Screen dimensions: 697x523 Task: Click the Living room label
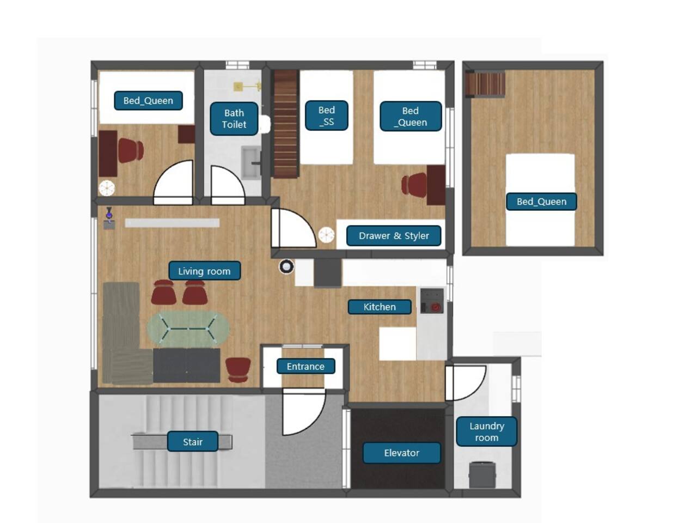pyautogui.click(x=204, y=271)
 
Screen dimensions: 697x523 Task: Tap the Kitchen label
pyautogui.click(x=380, y=307)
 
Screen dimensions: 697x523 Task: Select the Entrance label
pyautogui.click(x=305, y=366)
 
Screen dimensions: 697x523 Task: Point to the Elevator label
pyautogui.click(x=402, y=453)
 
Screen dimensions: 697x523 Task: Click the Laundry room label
pyautogui.click(x=486, y=431)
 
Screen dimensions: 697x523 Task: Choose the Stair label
pyautogui.click(x=192, y=441)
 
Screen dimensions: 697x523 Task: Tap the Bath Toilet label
pyautogui.click(x=234, y=119)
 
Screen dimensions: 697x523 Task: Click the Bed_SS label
pyautogui.click(x=326, y=115)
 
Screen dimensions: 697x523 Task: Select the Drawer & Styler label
pyautogui.click(x=394, y=235)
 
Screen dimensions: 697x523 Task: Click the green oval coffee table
pyautogui.click(x=188, y=329)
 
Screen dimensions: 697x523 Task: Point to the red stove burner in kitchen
pyautogui.click(x=435, y=307)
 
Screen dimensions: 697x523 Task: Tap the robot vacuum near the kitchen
pyautogui.click(x=286, y=266)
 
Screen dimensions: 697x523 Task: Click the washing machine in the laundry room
pyautogui.click(x=482, y=475)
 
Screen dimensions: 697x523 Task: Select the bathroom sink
pyautogui.click(x=251, y=162)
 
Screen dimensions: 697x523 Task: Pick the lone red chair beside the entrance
pyautogui.click(x=238, y=370)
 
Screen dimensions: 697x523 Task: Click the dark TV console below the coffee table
pyautogui.click(x=186, y=366)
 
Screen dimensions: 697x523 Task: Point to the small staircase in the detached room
pyautogui.click(x=485, y=84)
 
